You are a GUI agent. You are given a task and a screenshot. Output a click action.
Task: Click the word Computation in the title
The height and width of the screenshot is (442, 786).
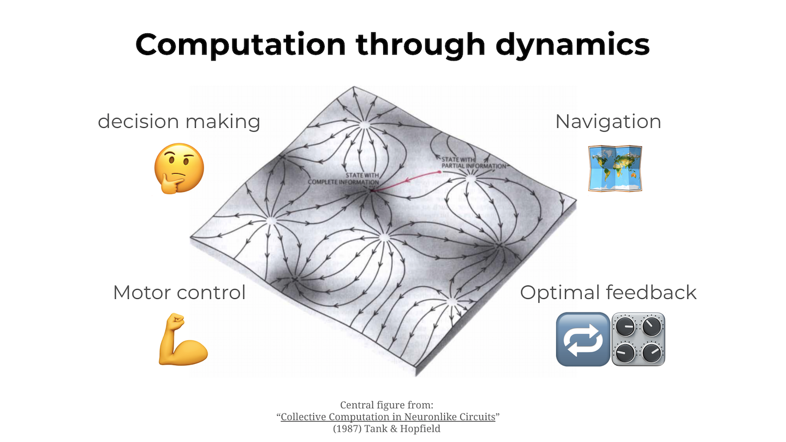240,44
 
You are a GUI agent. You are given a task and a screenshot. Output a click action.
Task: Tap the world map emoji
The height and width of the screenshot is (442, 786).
615,168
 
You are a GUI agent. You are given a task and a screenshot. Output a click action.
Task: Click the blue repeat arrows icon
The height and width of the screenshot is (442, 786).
582,339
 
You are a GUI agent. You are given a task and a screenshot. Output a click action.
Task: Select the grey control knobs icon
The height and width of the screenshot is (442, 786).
639,339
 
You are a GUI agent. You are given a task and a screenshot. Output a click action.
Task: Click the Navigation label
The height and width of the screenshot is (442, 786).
608,121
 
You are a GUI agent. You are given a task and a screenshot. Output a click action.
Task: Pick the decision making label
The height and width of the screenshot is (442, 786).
179,121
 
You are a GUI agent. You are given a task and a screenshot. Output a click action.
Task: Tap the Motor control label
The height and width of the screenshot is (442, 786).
179,292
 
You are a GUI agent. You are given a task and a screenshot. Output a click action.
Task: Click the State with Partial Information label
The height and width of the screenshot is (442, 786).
473,162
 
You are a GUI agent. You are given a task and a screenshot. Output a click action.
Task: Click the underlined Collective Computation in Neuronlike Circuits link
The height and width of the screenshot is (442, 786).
388,417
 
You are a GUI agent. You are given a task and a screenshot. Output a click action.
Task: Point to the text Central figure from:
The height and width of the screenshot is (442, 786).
386,405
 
